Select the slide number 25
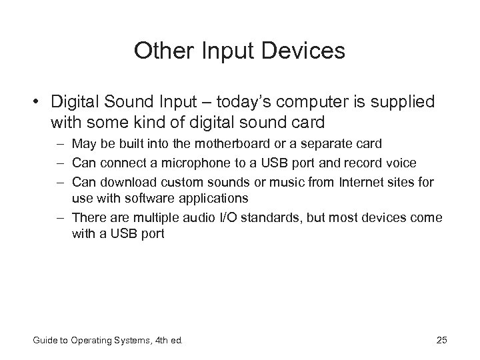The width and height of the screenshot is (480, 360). tap(441, 341)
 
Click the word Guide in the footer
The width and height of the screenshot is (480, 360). tap(45, 341)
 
